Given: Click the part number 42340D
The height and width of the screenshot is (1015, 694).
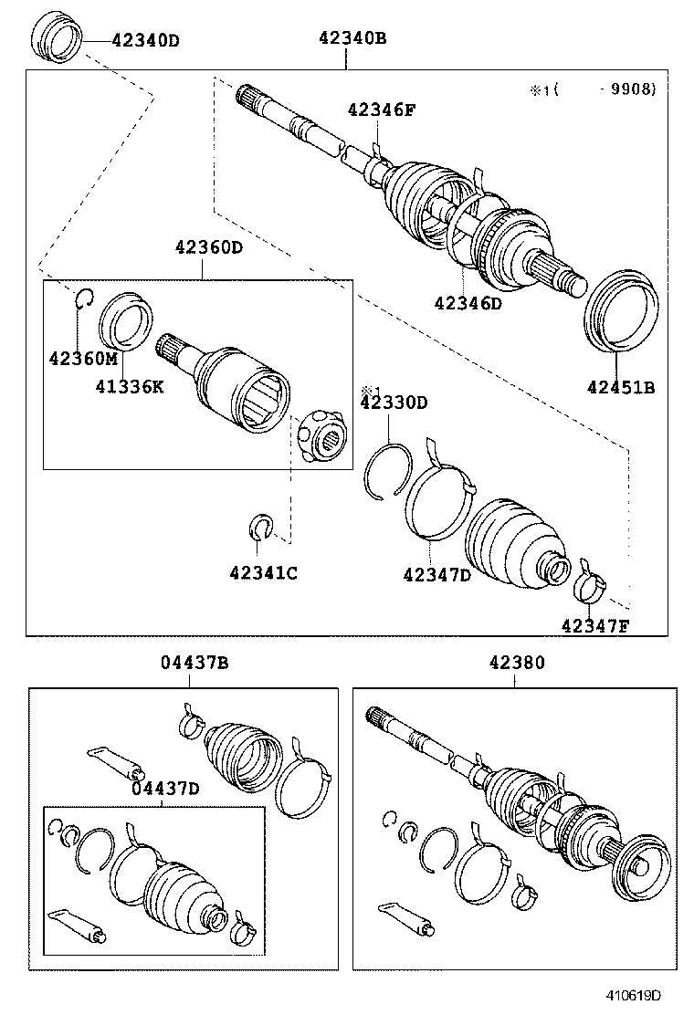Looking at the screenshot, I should (x=145, y=40).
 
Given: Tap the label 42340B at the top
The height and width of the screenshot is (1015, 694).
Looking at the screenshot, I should (x=352, y=38).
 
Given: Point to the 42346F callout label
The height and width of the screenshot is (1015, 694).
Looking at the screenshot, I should (x=382, y=111).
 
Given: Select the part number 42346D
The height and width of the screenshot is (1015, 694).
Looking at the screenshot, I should (x=468, y=304).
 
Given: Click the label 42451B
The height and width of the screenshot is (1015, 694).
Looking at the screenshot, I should (x=621, y=387).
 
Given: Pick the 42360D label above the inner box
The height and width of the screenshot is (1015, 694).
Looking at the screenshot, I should (x=210, y=246).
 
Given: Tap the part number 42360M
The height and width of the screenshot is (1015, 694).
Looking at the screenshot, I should (x=83, y=358).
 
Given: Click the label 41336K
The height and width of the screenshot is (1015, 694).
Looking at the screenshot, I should (x=130, y=386).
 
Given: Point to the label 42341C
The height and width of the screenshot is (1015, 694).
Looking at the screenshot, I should (x=263, y=572).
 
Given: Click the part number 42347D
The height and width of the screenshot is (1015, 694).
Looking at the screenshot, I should (x=436, y=574).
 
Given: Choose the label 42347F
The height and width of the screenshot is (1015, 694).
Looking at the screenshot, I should (x=595, y=625).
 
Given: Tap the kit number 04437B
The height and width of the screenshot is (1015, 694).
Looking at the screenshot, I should (x=195, y=664).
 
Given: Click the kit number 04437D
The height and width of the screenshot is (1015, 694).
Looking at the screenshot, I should (x=164, y=789).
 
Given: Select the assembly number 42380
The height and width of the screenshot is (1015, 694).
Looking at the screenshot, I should (x=516, y=664).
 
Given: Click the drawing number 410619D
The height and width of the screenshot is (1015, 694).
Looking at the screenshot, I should (x=636, y=996).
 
